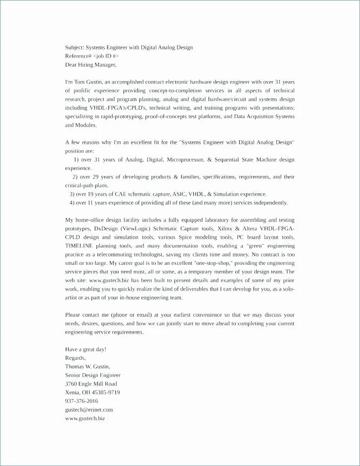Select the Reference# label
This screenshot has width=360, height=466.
78,56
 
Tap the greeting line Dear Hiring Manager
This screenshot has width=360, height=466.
91,64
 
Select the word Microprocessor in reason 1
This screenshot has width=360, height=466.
185,160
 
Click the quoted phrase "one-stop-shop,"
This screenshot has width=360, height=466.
211,263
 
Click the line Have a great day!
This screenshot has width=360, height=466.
86,349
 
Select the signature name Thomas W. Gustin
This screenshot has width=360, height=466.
88,366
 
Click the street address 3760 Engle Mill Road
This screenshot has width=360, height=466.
91,383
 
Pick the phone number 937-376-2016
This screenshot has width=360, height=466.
82,401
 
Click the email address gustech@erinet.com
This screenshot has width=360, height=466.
89,409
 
